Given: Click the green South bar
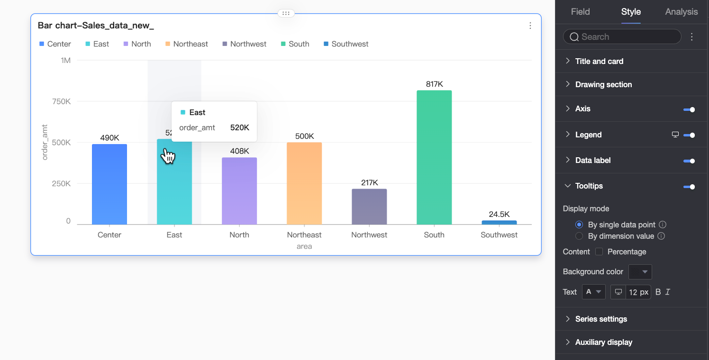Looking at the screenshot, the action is coord(434,157).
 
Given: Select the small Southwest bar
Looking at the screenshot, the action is coord(499,222).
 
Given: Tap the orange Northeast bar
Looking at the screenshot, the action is coord(304,183).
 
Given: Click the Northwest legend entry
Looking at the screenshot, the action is coord(245,44).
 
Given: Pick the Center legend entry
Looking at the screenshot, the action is coord(55,44).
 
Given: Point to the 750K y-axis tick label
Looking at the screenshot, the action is coord(62,101).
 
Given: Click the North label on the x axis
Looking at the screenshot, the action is coord(239,235).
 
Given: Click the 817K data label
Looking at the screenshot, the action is coord(434,84).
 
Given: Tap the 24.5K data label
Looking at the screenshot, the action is coord(499,214).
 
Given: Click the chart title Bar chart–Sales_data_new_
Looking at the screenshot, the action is coord(96,26).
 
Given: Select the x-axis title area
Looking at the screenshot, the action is coord(304,246).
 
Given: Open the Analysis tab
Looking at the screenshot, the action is coord(681,12).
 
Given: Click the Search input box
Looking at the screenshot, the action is coord(622,36).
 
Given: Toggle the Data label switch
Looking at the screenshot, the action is coord(689,161).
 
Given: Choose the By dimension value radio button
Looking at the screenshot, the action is coord(579,236).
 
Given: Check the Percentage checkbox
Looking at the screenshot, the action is coord(599,252).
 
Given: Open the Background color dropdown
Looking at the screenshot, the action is coord(640,272).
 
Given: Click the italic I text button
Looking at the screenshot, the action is coord(668,292).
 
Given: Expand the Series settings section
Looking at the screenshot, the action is coord(601,319).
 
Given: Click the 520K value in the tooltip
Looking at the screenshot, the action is coord(240,127).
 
